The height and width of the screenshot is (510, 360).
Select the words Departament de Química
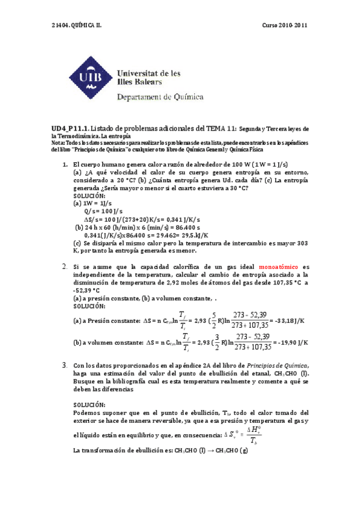click(160, 96)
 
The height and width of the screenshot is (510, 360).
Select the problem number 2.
click(64, 266)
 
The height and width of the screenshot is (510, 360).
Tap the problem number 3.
click(64, 365)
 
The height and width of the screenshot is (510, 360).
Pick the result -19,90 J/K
click(291, 342)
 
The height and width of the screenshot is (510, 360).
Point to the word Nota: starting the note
click(59, 143)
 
